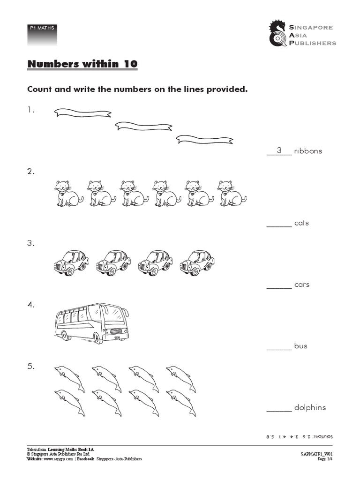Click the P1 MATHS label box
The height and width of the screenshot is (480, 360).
[x=42, y=33]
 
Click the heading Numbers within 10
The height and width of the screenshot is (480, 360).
[x=82, y=64]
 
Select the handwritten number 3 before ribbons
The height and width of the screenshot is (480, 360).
[x=279, y=150]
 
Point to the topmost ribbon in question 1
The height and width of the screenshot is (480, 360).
[x=83, y=112]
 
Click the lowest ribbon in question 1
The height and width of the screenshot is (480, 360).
[x=204, y=139]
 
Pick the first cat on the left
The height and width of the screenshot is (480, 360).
[x=68, y=193]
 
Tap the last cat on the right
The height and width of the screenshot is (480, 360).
[x=232, y=193]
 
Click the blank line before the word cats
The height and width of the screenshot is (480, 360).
[x=279, y=226]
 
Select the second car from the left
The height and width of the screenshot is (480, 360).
[x=113, y=262]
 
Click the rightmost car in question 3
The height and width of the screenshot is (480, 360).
[x=197, y=262]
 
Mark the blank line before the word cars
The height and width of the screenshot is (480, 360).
[x=279, y=288]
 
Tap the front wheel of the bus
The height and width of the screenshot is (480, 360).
[x=97, y=337]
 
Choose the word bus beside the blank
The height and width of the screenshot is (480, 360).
[x=300, y=346]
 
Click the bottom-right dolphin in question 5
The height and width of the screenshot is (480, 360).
[x=181, y=402]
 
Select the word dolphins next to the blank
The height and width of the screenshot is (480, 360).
[x=310, y=407]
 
